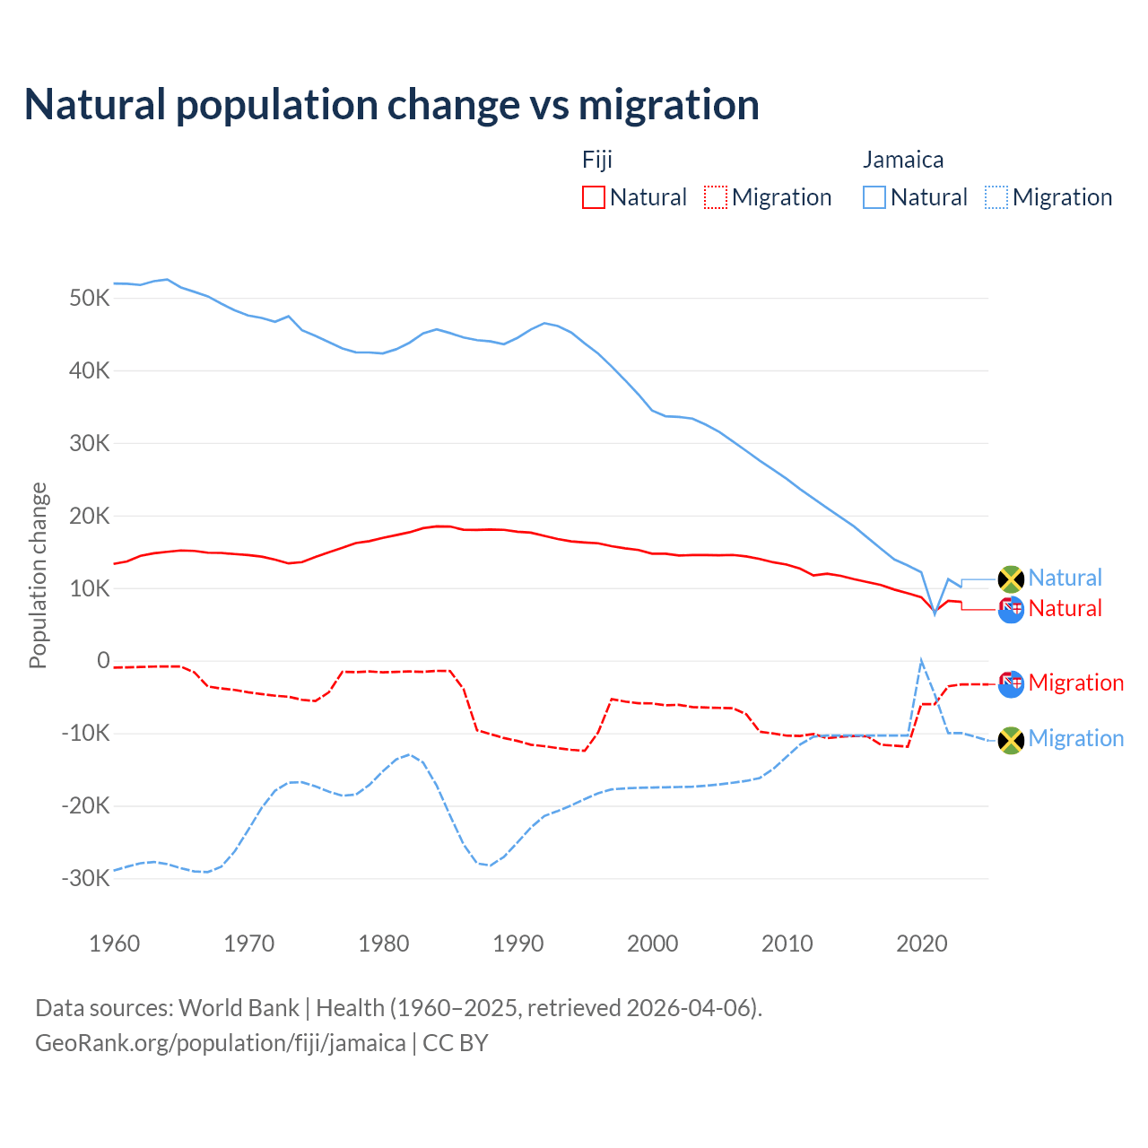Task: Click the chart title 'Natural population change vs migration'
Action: click(392, 105)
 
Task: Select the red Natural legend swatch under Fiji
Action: click(594, 197)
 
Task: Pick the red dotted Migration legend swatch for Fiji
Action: click(716, 197)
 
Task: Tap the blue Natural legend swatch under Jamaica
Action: click(874, 197)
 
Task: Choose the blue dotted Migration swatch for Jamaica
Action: click(996, 197)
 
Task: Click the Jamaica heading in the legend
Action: click(903, 160)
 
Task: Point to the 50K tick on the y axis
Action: click(89, 298)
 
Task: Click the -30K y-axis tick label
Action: click(85, 878)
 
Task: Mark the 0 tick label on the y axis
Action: click(103, 661)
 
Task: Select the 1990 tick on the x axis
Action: click(518, 944)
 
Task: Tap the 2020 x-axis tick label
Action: click(922, 944)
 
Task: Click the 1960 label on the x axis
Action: click(115, 944)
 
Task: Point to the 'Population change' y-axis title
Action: click(38, 575)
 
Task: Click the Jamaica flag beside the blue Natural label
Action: click(1011, 579)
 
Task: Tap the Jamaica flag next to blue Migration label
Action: click(1011, 740)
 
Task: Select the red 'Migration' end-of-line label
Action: click(1076, 683)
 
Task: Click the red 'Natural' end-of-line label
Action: click(1065, 608)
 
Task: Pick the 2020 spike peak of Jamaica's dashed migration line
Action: click(921, 661)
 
